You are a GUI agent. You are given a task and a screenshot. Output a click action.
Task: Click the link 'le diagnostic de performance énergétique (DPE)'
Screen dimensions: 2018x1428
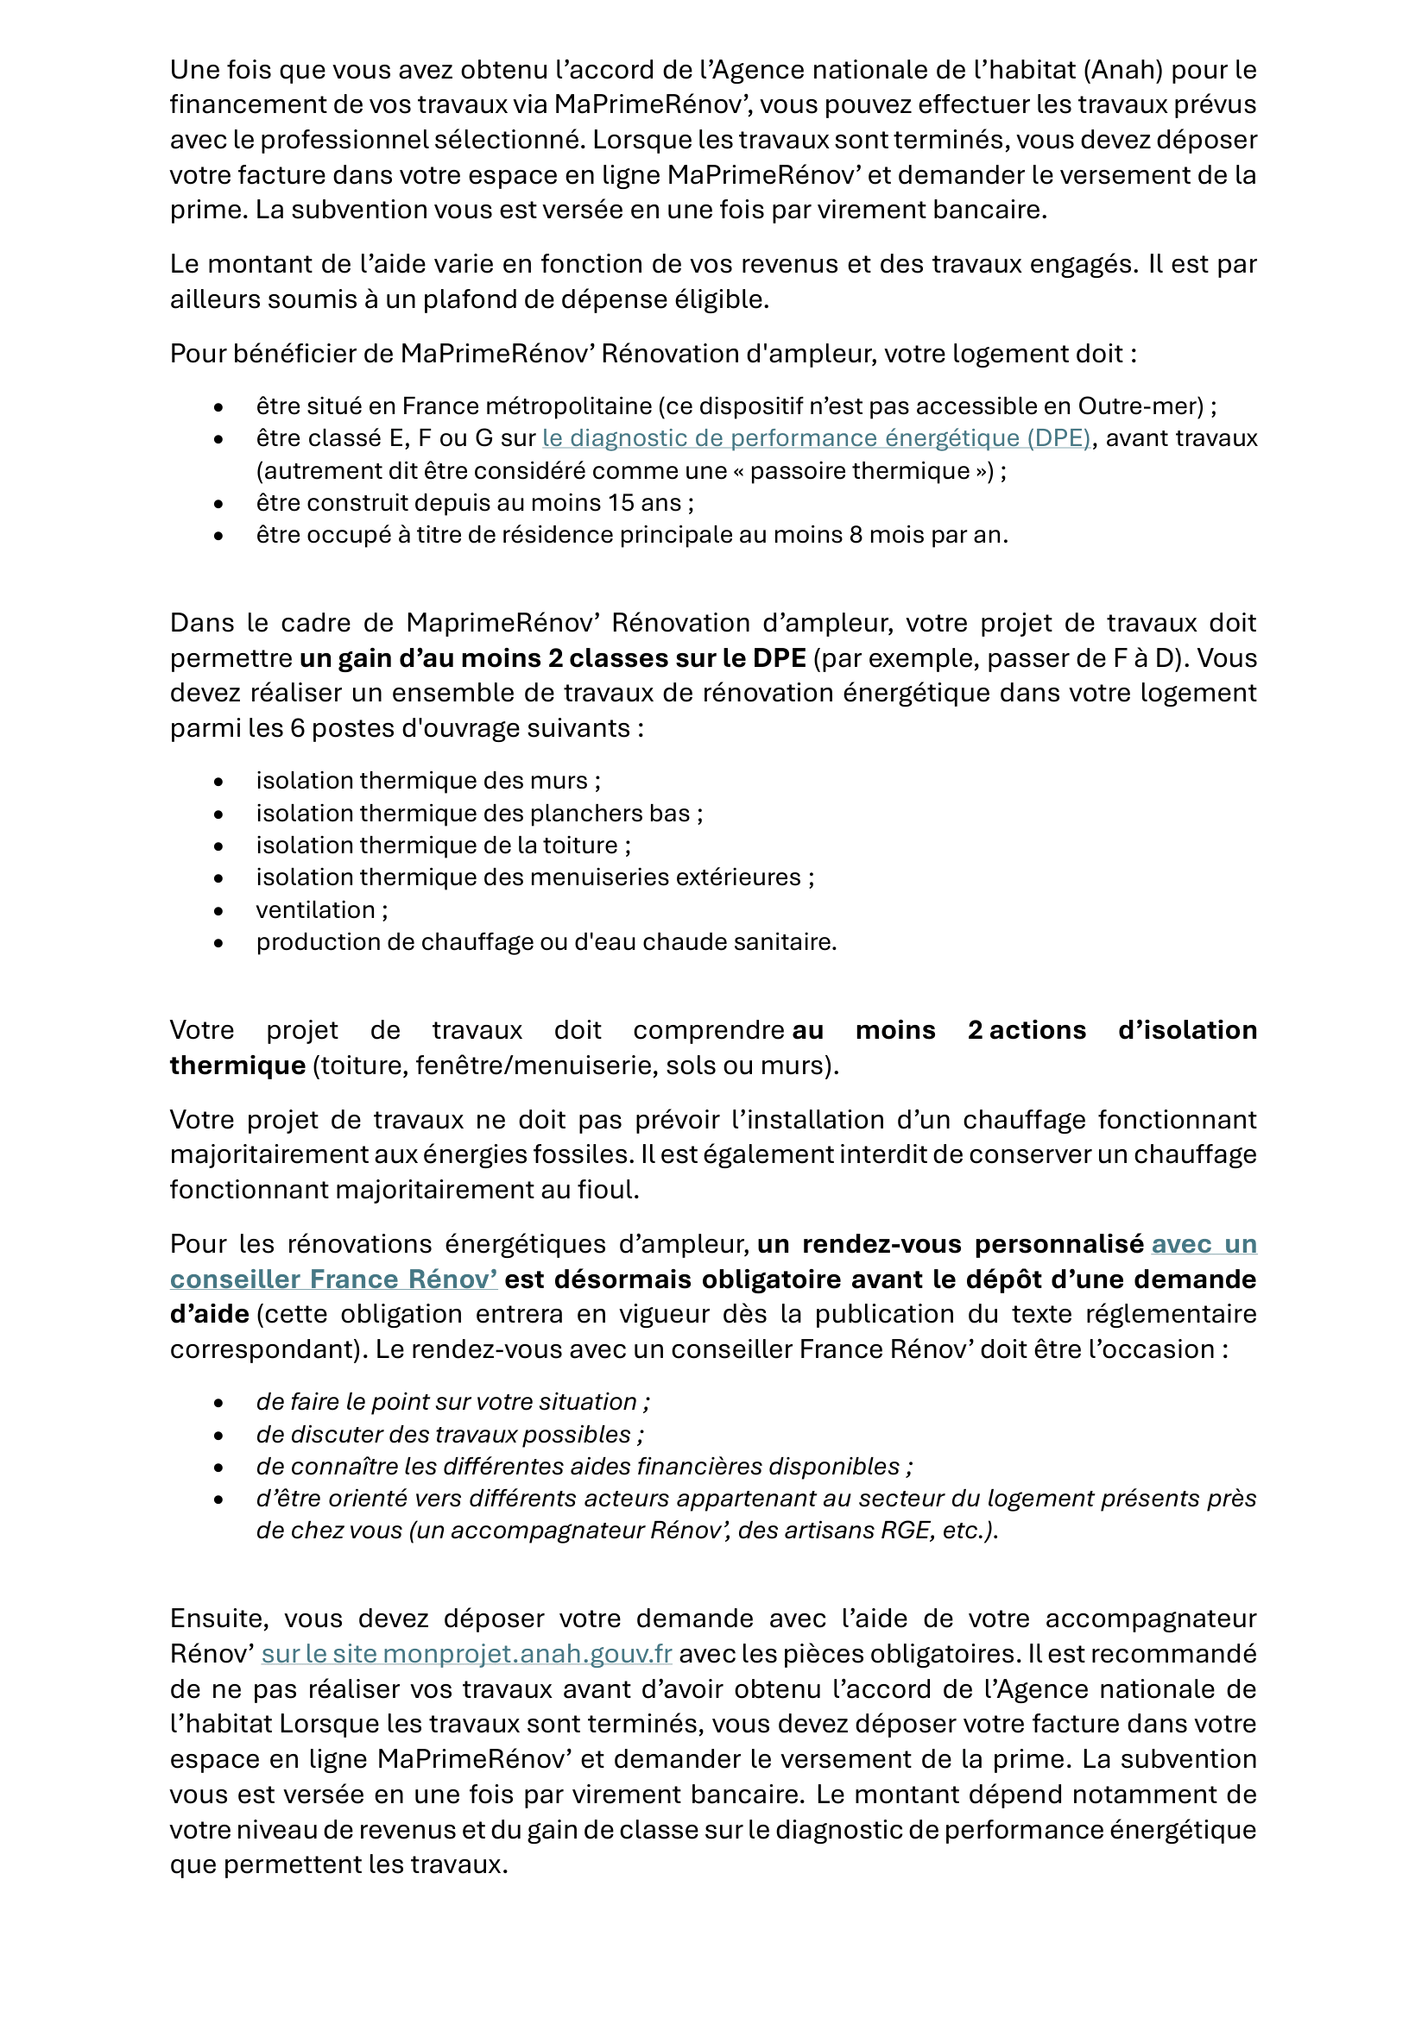click(x=815, y=437)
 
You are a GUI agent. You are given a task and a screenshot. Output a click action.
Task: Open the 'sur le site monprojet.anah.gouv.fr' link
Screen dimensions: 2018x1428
click(x=467, y=1653)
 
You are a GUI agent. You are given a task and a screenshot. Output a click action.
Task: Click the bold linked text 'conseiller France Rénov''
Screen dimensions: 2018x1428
click(x=333, y=1279)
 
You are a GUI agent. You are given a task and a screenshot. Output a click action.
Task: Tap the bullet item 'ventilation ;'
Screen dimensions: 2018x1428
click(x=322, y=909)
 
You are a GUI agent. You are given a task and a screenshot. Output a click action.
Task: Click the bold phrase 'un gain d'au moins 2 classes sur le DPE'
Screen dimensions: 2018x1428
click(x=553, y=658)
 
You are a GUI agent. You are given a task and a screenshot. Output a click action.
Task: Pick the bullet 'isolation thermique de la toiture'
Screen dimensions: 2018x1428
click(x=443, y=846)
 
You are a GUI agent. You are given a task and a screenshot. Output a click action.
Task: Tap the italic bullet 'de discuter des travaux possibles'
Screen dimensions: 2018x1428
click(x=449, y=1435)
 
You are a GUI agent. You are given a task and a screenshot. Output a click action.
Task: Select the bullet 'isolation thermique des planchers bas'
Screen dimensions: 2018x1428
click(x=479, y=814)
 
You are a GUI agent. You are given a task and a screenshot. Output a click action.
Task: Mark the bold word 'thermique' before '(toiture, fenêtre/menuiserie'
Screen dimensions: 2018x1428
click(x=237, y=1066)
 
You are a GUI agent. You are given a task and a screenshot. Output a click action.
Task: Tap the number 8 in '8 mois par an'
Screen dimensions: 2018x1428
click(x=856, y=534)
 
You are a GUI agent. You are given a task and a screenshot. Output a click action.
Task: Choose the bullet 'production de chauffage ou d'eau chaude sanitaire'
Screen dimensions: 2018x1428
click(x=546, y=942)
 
